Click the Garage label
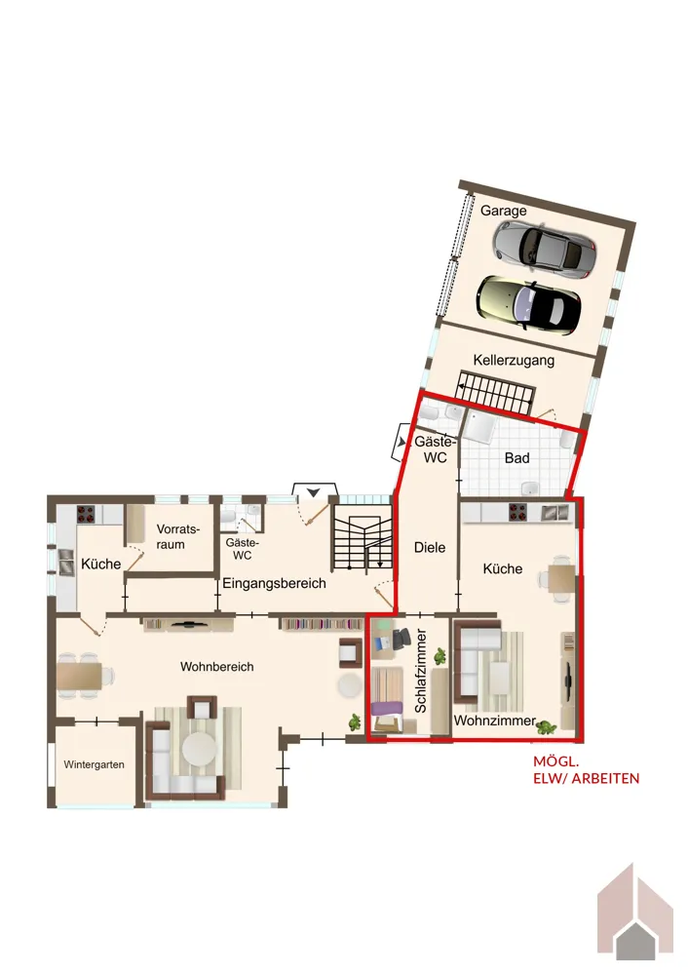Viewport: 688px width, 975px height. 503,211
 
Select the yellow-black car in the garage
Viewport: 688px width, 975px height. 529,304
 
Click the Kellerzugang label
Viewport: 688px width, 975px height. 514,360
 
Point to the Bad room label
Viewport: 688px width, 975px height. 517,458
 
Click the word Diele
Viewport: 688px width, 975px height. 430,548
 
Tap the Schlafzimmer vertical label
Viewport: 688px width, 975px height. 421,671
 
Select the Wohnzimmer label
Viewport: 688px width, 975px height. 495,721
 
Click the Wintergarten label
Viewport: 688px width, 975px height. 94,764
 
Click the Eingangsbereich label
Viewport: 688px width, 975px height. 274,583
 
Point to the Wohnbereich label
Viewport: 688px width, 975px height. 217,667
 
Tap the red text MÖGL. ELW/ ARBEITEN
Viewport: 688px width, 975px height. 586,770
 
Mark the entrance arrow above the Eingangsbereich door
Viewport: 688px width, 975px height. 314,491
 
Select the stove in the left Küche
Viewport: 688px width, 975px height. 86,514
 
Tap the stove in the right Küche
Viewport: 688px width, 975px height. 517,512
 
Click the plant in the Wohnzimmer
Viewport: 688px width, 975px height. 546,726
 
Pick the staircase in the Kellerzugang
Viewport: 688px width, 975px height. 495,392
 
